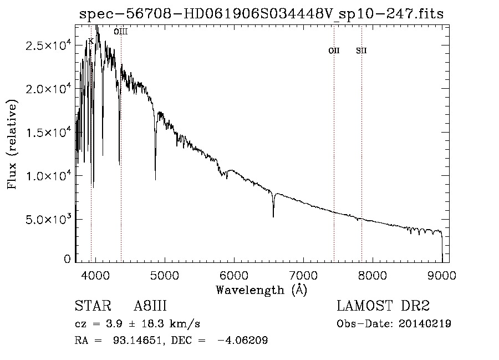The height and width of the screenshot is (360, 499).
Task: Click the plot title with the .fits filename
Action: click(261, 14)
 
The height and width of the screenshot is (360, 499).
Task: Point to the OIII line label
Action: click(120, 32)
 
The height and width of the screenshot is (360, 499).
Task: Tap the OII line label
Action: click(334, 51)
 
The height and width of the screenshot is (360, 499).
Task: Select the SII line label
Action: click(361, 51)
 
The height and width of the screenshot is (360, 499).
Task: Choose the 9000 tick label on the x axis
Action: click(442, 275)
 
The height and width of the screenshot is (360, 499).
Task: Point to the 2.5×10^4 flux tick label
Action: click(49, 46)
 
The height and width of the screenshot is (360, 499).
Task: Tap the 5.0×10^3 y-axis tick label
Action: click(49, 219)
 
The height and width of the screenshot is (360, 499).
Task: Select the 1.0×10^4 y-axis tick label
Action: click(49, 176)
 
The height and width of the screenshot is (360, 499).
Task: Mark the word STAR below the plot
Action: click(90, 307)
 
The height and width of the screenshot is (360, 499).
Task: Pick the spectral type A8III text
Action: click(150, 307)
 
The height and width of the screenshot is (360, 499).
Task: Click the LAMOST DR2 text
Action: click(383, 307)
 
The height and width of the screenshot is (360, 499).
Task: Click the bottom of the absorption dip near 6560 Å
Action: click(273, 216)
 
